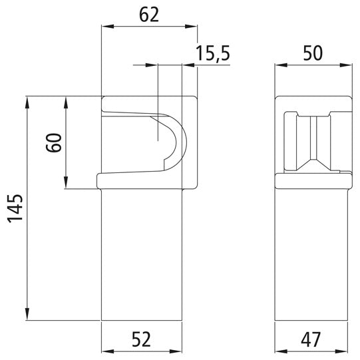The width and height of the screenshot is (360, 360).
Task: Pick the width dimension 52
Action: point(141,339)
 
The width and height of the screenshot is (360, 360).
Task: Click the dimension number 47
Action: point(312,339)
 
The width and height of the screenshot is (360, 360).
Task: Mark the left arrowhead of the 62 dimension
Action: point(105,27)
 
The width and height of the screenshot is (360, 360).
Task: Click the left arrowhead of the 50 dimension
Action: point(280,66)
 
